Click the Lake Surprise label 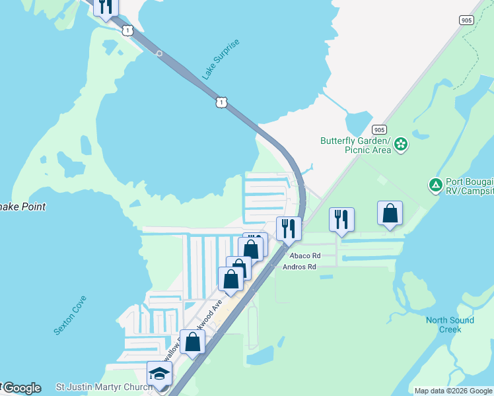pos(221,60)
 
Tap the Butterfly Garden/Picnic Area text pos(355,145)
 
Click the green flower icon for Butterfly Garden pos(401,145)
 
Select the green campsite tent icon pos(435,185)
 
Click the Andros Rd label pos(299,267)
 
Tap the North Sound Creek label pos(450,325)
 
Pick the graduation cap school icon pos(159,374)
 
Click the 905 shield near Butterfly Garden pos(378,129)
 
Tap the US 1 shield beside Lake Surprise pos(221,102)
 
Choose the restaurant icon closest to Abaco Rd pos(289,228)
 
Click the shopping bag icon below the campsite pos(390,214)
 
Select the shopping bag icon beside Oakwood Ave pos(193,342)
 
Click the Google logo pos(21,388)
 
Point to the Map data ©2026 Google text pos(452,391)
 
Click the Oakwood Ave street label pos(207,318)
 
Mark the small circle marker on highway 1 pos(159,53)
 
